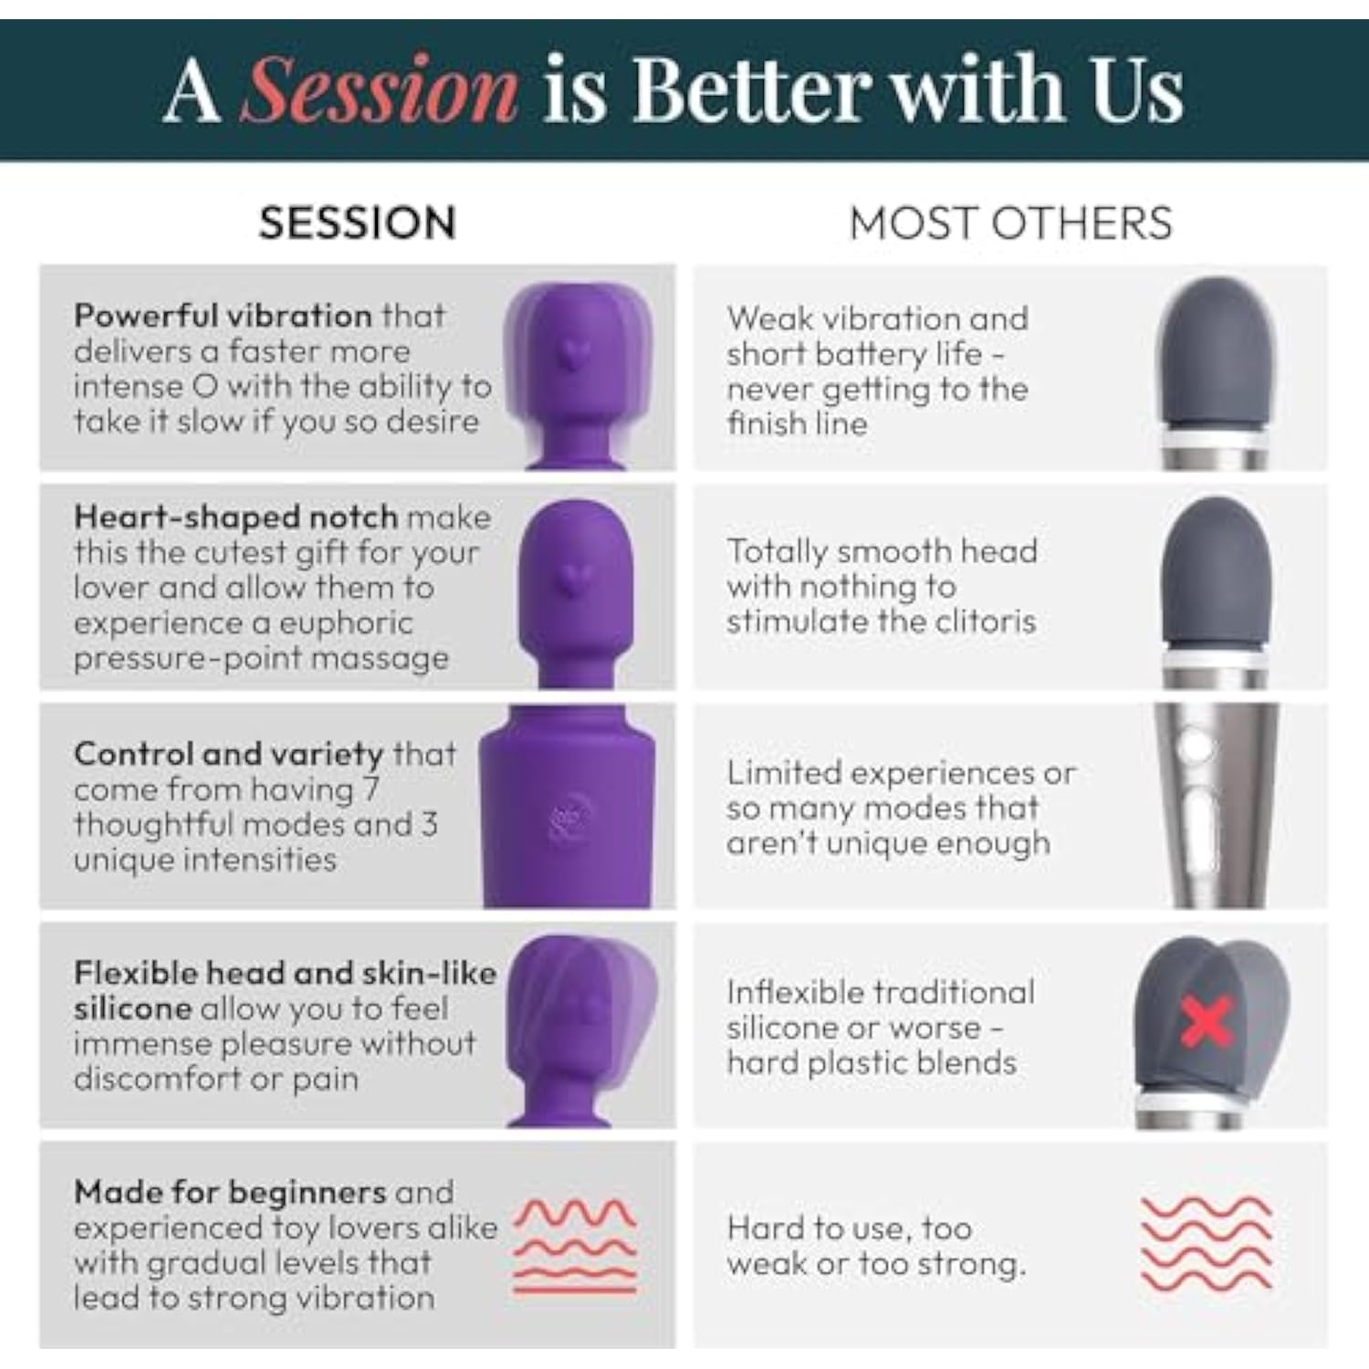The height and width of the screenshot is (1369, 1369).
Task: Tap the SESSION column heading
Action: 357,224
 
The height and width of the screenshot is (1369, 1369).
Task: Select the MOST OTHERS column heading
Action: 1010,224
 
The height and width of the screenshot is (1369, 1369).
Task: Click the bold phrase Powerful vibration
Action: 223,316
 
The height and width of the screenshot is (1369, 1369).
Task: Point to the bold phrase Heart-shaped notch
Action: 236,517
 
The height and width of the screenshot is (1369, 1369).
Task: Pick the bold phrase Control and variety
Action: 229,755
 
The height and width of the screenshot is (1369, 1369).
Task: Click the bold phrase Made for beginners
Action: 230,1192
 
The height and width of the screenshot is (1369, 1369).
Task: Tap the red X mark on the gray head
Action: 1207,1020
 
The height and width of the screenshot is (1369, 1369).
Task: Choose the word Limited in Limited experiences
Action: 785,773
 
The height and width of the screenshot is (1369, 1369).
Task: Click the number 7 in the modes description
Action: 370,789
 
